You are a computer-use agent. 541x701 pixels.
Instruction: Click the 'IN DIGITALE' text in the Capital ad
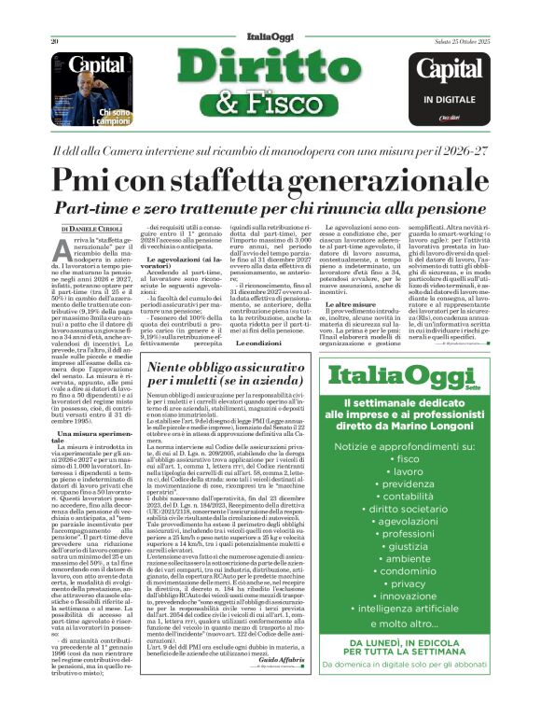pyautogui.click(x=454, y=98)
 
